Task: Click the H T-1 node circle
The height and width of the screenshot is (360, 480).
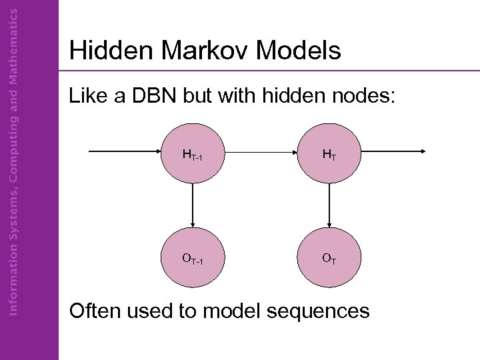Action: point(193,155)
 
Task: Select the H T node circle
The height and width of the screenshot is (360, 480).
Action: point(329,155)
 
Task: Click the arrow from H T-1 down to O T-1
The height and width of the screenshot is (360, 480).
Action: point(193,207)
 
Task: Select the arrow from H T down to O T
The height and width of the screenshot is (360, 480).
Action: point(329,207)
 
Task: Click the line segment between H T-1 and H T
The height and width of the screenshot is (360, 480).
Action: point(261,152)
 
